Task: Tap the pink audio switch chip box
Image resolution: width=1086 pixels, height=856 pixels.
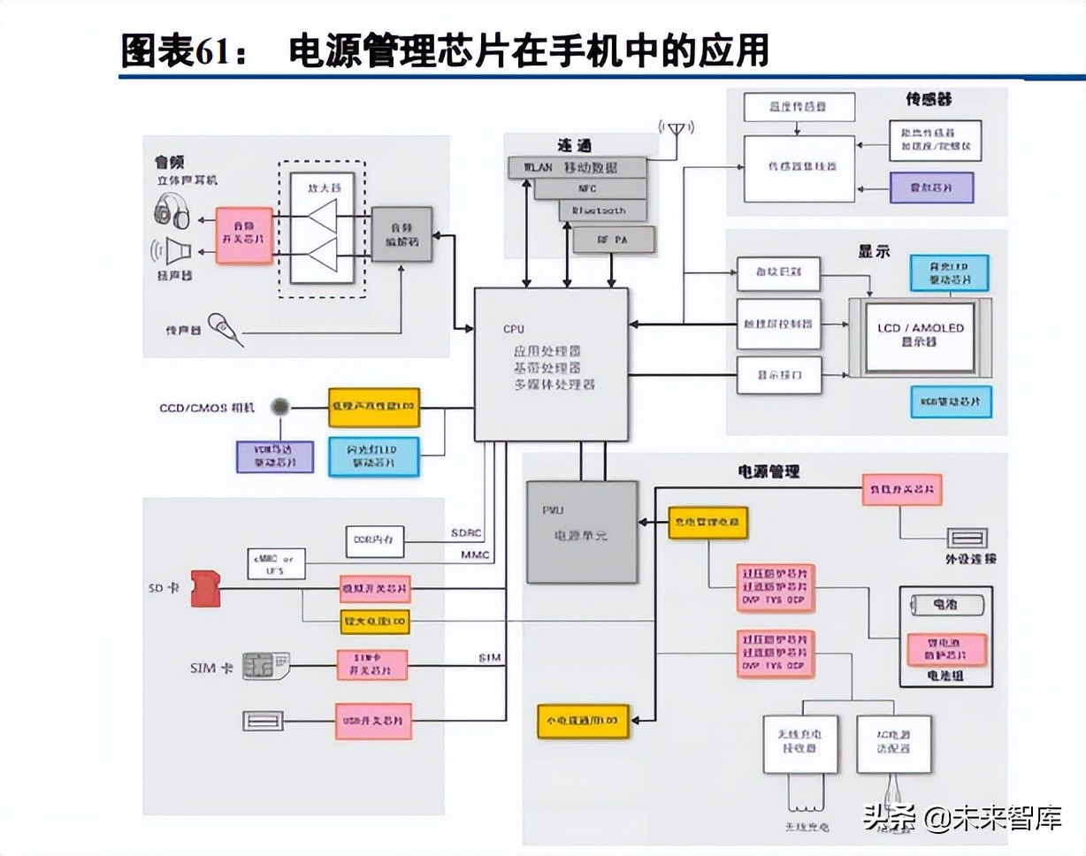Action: point(244,235)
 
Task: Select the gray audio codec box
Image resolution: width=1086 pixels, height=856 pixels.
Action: point(402,234)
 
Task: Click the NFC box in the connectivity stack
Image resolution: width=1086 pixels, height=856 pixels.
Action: point(587,188)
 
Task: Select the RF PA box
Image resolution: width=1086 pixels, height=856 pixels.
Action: point(614,239)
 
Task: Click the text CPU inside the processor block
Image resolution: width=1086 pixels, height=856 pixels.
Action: point(514,329)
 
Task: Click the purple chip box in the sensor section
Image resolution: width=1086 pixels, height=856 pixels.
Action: point(931,187)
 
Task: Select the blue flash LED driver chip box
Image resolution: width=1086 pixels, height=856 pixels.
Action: point(375,456)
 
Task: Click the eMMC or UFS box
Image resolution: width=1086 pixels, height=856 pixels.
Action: point(276,564)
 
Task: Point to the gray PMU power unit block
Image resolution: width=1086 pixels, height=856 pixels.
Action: point(581,531)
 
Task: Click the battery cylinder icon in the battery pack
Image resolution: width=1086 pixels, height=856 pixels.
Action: point(945,606)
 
